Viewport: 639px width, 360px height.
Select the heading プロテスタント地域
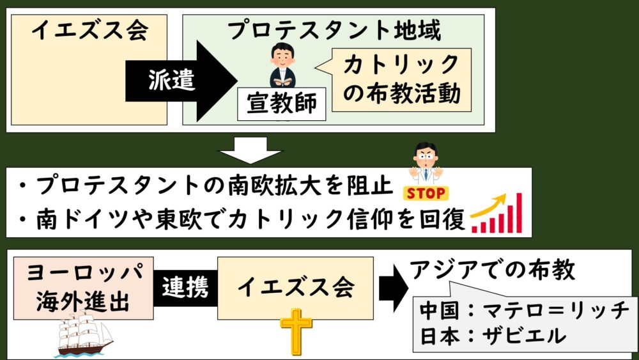pyautogui.click(x=335, y=29)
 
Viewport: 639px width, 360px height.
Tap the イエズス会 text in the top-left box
pyautogui.click(x=89, y=30)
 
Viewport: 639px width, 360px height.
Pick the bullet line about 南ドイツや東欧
pyautogui.click(x=246, y=219)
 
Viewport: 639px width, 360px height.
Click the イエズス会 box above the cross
pyautogui.click(x=295, y=288)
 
